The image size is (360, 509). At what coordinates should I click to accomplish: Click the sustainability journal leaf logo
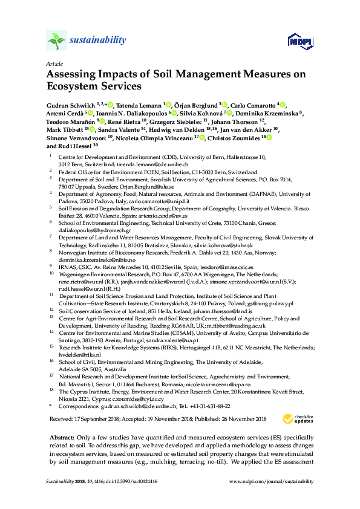tap(56, 41)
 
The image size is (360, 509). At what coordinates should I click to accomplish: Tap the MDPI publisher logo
tap(295, 41)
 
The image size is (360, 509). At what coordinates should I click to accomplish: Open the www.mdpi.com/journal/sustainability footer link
tap(272, 499)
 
